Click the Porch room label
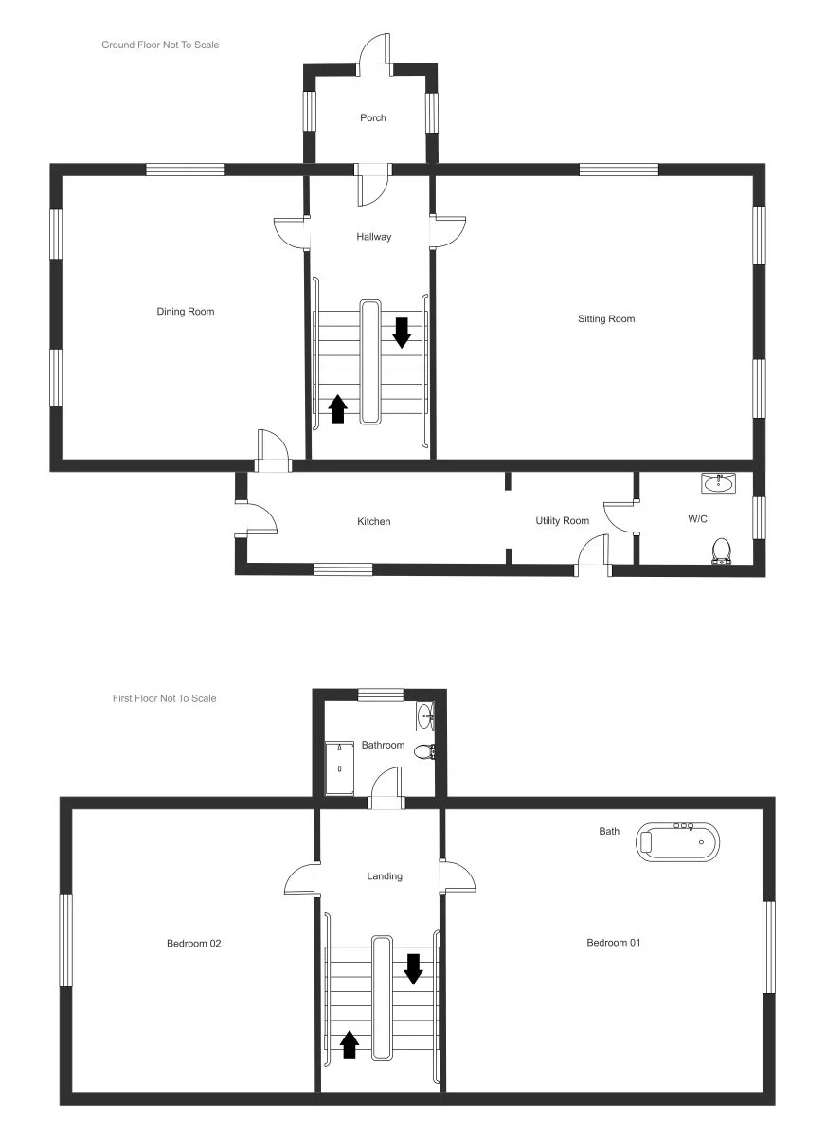pos(373,118)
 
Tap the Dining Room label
pos(186,312)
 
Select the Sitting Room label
pos(606,319)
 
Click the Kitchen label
pos(373,522)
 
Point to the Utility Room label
pos(562,521)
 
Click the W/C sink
pos(719,484)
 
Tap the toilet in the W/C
pos(722,550)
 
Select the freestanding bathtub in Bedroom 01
pos(677,841)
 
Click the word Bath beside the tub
pos(609,832)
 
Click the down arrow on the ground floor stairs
pos(402,333)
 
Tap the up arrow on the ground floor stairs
pos(338,408)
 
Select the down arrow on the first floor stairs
pos(413,968)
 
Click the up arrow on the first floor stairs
pos(349,1044)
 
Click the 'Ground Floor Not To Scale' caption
pos(160,45)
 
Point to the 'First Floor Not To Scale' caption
pos(164,699)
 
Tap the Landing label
pos(385,876)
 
